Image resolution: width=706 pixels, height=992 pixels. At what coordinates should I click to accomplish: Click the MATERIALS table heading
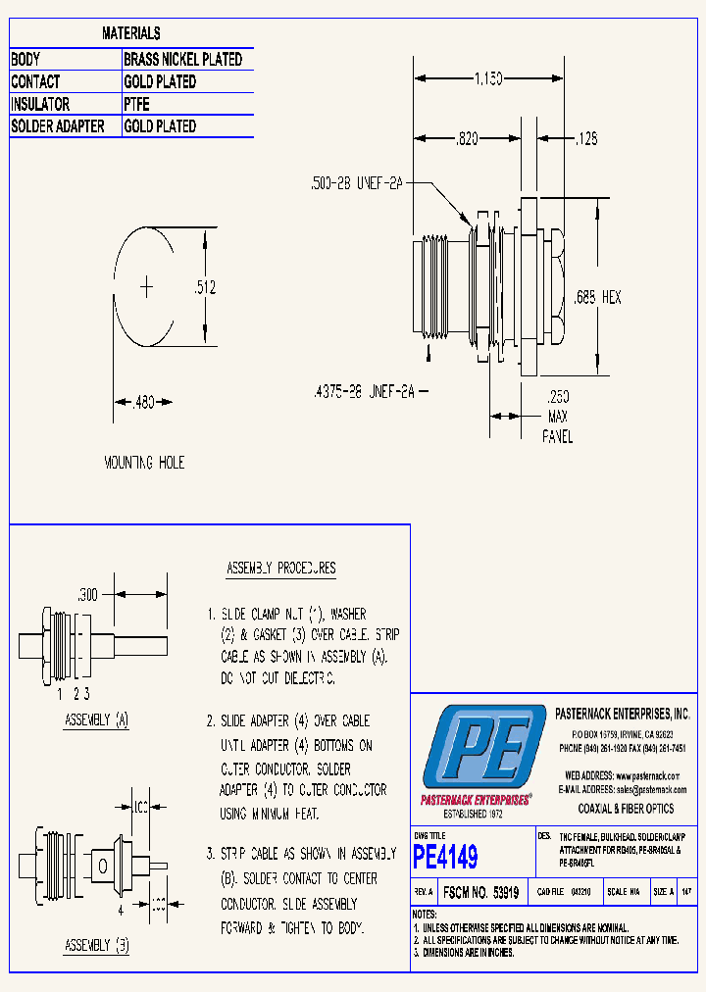point(131,34)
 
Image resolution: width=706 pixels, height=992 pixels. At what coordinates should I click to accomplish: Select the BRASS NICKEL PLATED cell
point(182,60)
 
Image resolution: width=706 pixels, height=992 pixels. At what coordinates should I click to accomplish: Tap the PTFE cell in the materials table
point(137,104)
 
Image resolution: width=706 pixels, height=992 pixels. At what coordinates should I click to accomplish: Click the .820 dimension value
point(466,140)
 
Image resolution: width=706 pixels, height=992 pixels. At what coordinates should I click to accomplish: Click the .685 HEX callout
point(597,297)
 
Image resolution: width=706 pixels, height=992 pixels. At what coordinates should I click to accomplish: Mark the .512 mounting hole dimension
point(204,287)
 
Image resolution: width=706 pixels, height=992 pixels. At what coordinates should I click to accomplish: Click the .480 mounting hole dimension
point(144,402)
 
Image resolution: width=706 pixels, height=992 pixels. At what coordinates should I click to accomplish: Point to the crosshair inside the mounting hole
point(147,286)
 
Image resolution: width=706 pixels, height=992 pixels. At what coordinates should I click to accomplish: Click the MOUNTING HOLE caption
point(144,462)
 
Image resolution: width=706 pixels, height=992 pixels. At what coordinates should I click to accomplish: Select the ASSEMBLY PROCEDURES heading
point(280,569)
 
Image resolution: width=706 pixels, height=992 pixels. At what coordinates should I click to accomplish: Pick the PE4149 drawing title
point(446,858)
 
